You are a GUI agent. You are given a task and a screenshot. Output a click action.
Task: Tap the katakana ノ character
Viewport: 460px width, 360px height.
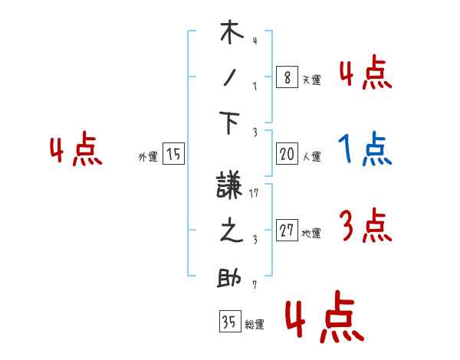231,79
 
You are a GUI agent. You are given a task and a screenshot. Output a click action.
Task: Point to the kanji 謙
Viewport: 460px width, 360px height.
231,186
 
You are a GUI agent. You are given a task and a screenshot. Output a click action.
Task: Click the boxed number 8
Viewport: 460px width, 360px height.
287,77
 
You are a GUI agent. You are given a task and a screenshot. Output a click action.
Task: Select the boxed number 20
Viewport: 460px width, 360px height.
287,154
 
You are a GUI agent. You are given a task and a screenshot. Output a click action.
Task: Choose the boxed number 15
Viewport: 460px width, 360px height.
173,155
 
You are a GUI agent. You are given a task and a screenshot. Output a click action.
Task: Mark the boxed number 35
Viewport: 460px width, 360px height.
229,322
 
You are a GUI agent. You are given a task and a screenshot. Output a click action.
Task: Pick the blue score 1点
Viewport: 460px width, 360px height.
364,150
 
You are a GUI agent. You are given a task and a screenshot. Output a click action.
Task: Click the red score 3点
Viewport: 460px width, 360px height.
364,227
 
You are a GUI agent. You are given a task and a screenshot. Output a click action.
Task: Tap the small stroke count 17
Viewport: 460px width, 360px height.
256,193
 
